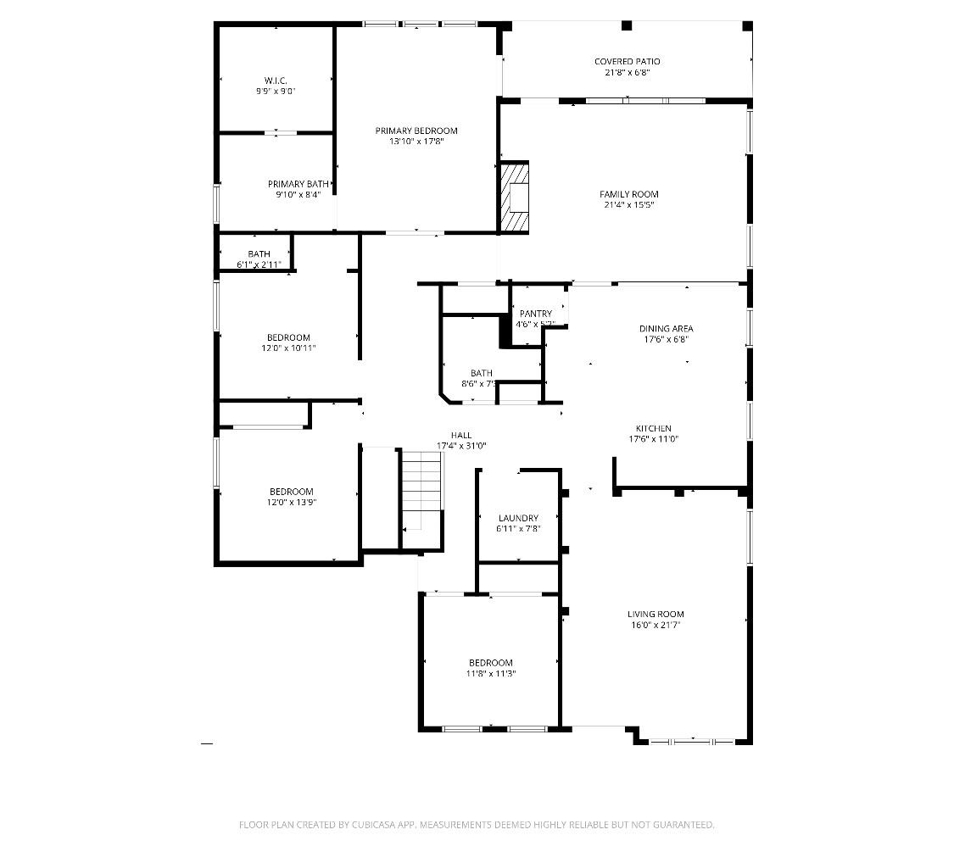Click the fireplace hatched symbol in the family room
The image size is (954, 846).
point(513,197)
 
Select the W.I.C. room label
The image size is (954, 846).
point(276,81)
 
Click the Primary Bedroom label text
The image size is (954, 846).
point(416,131)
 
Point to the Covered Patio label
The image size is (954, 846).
point(627,62)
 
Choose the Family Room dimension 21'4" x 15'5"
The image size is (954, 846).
point(628,205)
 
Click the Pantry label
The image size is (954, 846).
point(536,314)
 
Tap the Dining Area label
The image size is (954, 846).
point(666,328)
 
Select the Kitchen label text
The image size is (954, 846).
point(654,428)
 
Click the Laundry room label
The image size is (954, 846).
point(518,518)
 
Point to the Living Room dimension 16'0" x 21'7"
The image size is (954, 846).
point(655,626)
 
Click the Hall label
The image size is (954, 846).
point(461,435)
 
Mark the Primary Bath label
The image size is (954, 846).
point(298,184)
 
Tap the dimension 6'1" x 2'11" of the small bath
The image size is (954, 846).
point(259,265)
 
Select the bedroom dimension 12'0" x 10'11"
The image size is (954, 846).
point(288,348)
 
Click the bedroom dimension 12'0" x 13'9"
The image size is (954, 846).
point(291,503)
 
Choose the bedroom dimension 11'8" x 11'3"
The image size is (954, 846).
point(491,674)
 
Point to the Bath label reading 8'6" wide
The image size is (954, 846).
point(482,373)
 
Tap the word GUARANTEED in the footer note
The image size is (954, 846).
point(684,824)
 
